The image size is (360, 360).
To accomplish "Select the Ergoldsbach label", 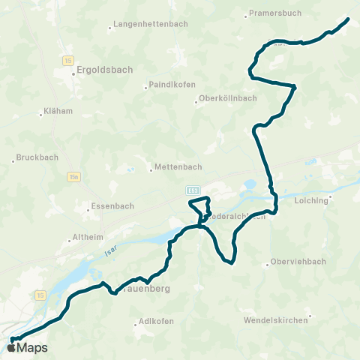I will coord(104,70).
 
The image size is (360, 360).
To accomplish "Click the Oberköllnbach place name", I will coord(228,98).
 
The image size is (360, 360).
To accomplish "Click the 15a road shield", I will coord(73,177).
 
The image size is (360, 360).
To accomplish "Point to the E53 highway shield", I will coord(193,191).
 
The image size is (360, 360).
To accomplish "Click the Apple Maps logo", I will coord(27,347).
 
